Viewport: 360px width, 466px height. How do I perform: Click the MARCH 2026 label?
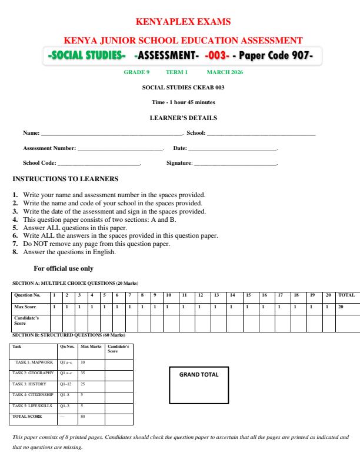(x=225, y=72)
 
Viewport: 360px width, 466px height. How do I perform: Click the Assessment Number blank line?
(x=120, y=149)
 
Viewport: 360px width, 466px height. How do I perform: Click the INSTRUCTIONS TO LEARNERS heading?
(x=65, y=179)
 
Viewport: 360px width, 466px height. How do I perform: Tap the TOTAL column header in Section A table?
(x=346, y=295)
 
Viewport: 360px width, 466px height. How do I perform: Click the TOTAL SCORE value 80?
(x=82, y=416)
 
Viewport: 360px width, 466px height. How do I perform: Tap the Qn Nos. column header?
(x=67, y=347)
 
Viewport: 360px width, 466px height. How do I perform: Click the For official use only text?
(x=64, y=268)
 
